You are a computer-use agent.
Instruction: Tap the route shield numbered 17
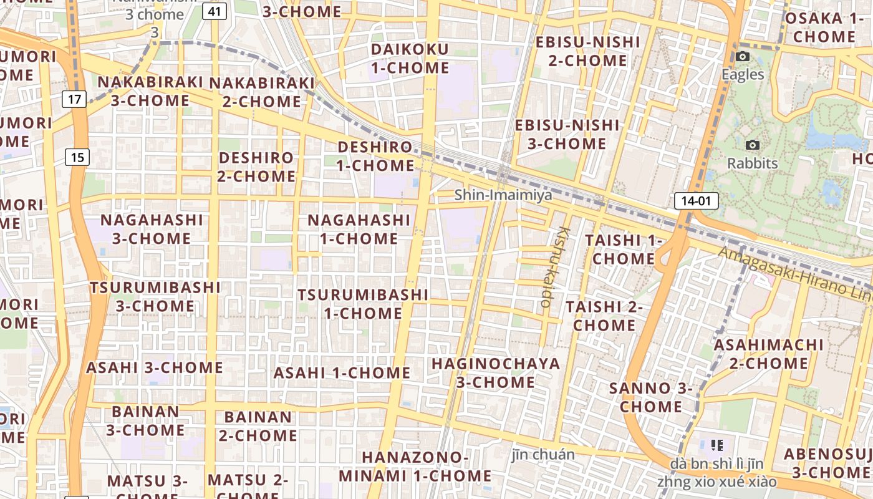coord(74,99)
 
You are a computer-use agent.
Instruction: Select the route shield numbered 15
coord(77,157)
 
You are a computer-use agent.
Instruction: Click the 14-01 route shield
coord(696,201)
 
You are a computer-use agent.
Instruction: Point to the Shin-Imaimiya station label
coord(503,195)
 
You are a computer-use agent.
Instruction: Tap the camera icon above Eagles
coord(742,57)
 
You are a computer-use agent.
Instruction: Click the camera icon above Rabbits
coord(753,145)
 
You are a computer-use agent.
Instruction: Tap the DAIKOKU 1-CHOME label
coord(410,59)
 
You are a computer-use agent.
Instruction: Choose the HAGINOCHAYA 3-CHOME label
coord(496,372)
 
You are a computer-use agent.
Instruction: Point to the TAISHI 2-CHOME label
coord(604,316)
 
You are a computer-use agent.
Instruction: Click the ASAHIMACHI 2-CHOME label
coord(768,354)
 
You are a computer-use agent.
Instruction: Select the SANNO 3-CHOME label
coord(651,397)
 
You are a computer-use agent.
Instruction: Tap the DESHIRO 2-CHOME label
coord(256,167)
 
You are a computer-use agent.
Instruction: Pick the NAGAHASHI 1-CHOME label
coord(359,229)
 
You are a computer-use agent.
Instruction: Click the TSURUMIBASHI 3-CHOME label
coord(155,296)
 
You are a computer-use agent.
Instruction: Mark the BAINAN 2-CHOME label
coord(258,425)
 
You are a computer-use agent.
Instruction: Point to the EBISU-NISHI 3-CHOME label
coord(567,134)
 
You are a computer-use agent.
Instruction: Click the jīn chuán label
coord(543,454)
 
